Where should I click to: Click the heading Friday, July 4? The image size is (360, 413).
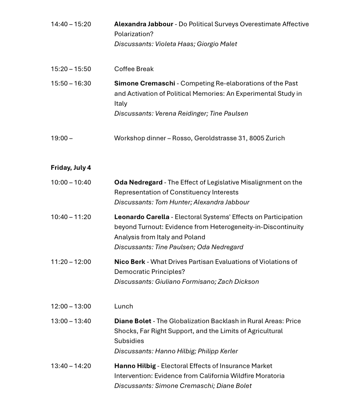(x=71, y=168)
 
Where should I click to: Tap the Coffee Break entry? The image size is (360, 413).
(x=134, y=69)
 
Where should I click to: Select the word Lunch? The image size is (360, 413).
(x=124, y=306)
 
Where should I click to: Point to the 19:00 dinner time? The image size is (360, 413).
(x=61, y=138)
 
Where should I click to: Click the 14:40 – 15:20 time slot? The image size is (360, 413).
(x=71, y=24)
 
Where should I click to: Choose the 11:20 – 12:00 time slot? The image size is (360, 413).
(x=71, y=262)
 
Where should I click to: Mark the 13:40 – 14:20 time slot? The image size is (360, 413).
(x=71, y=366)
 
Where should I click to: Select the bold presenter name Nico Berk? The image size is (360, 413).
(x=130, y=262)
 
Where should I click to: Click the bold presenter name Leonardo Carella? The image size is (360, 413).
(x=142, y=217)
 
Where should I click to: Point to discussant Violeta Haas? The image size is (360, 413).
(x=174, y=44)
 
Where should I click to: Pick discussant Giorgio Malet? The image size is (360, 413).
(x=217, y=44)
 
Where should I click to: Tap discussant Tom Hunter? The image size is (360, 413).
(x=172, y=203)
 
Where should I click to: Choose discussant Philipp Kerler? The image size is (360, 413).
(x=218, y=351)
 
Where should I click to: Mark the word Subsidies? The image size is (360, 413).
(x=129, y=341)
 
